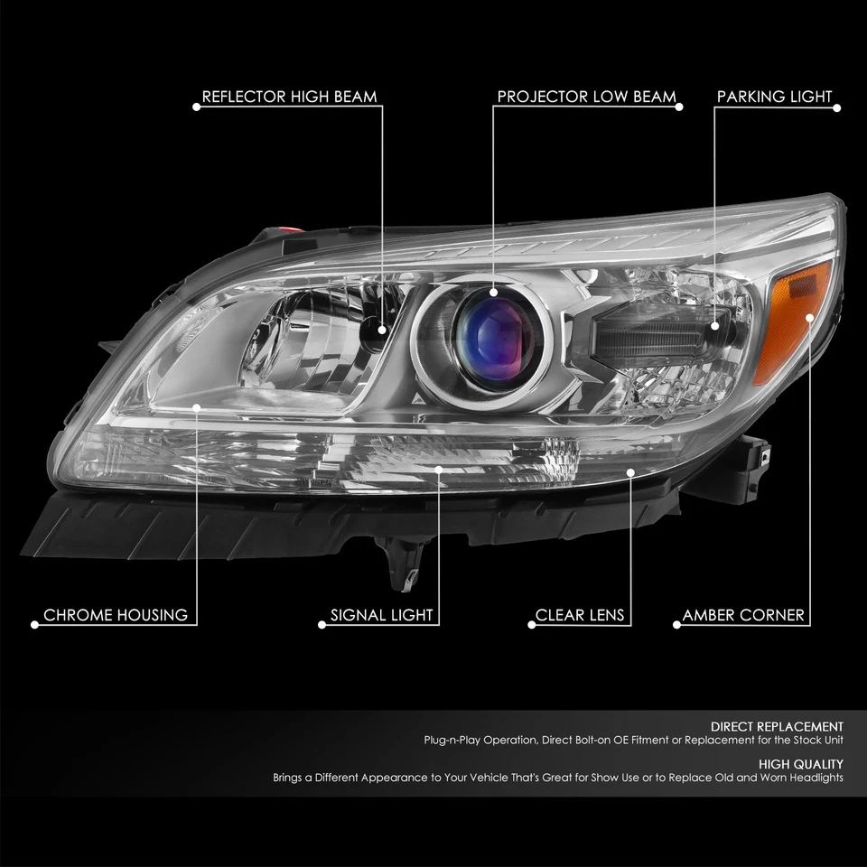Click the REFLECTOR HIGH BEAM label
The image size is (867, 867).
[x=289, y=97]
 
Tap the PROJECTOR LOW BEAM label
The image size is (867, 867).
[x=586, y=97]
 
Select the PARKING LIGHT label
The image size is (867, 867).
[x=774, y=97]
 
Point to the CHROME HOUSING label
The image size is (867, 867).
[x=116, y=616]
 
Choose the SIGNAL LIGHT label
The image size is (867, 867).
[x=382, y=616]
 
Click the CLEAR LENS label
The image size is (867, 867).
[x=580, y=616]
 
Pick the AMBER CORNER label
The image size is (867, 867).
[x=743, y=616]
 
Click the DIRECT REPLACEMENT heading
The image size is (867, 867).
[x=777, y=726]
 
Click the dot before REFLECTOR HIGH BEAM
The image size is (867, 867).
[x=195, y=107]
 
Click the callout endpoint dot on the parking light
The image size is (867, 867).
[x=714, y=324]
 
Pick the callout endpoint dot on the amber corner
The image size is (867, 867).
[x=809, y=315]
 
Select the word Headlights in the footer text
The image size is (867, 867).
[x=815, y=778]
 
